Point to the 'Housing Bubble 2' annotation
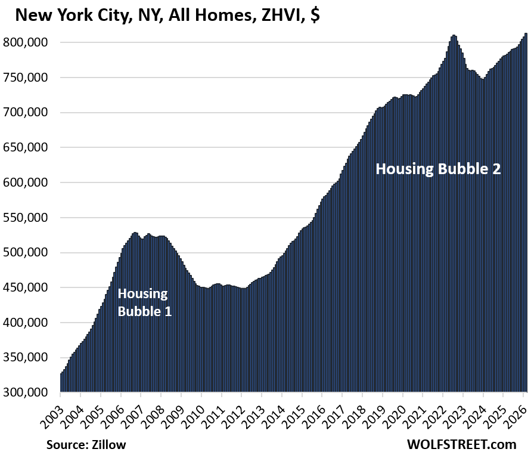[x=438, y=169]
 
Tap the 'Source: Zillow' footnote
[x=86, y=444]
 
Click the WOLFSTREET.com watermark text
[x=462, y=444]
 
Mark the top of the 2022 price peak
[x=454, y=36]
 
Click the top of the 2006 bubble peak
[x=135, y=233]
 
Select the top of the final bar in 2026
[x=526, y=34]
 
